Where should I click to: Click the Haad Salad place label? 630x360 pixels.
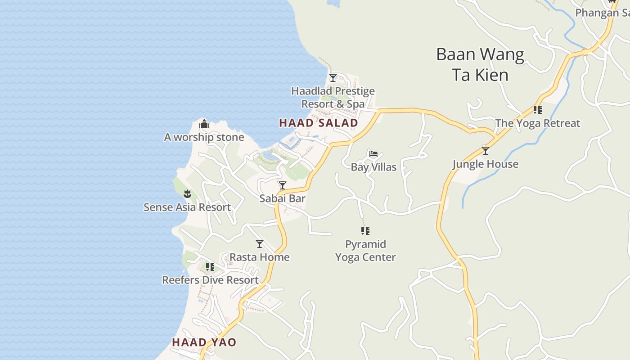pyautogui.click(x=319, y=123)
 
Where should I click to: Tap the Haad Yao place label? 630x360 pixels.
pyautogui.click(x=204, y=342)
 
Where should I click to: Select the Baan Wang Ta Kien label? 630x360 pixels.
pyautogui.click(x=480, y=64)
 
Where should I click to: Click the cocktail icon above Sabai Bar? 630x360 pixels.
pyautogui.click(x=283, y=185)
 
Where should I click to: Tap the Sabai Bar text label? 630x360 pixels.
pyautogui.click(x=283, y=198)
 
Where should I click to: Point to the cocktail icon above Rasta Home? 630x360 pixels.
pyautogui.click(x=260, y=244)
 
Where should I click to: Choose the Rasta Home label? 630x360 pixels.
pyautogui.click(x=260, y=257)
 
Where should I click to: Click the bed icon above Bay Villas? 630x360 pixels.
pyautogui.click(x=373, y=154)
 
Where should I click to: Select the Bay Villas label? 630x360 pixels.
pyautogui.click(x=373, y=167)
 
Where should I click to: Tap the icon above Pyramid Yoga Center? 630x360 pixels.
pyautogui.click(x=365, y=231)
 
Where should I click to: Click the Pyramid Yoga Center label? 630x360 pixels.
pyautogui.click(x=365, y=251)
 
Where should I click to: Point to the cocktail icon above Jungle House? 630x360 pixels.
pyautogui.click(x=485, y=150)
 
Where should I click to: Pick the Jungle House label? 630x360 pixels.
pyautogui.click(x=485, y=164)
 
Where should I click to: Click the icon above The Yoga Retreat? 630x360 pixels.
pyautogui.click(x=538, y=109)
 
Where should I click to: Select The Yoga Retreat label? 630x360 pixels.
pyautogui.click(x=538, y=123)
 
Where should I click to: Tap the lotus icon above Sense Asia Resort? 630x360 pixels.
pyautogui.click(x=187, y=194)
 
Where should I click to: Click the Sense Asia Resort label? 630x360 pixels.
pyautogui.click(x=187, y=207)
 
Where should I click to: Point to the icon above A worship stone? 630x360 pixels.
pyautogui.click(x=204, y=124)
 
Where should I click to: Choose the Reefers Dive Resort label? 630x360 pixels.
pyautogui.click(x=210, y=280)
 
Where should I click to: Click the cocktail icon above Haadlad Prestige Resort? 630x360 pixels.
pyautogui.click(x=333, y=78)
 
